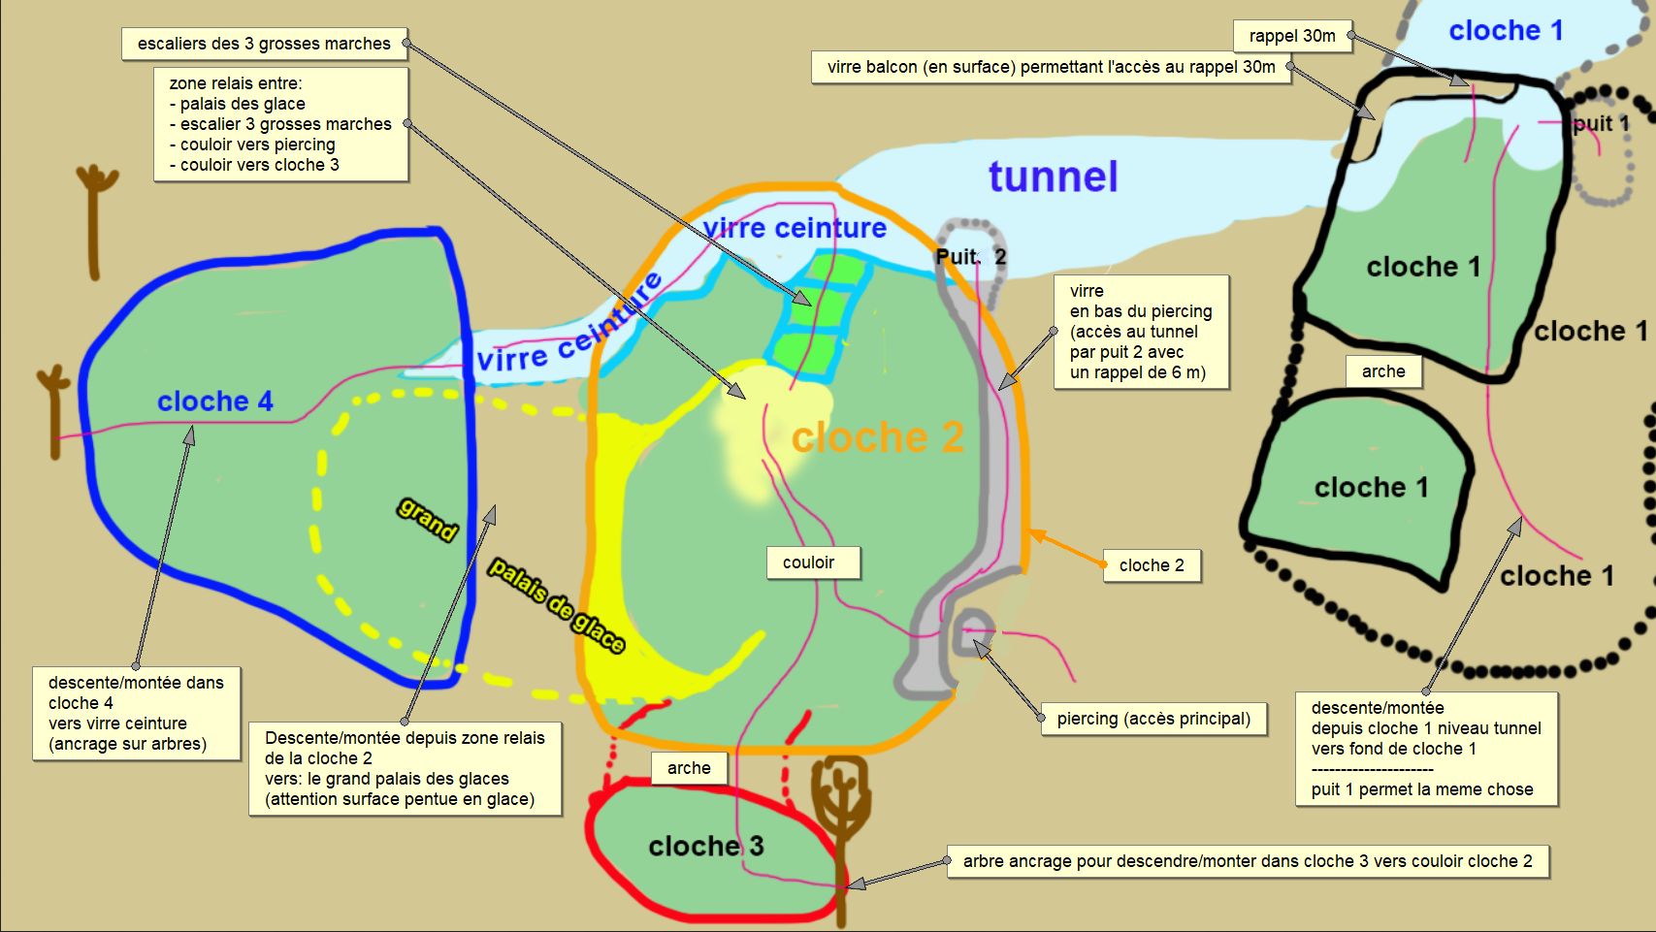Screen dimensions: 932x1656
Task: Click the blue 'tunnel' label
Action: [x=1054, y=177]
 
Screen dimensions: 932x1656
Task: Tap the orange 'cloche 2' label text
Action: [x=878, y=437]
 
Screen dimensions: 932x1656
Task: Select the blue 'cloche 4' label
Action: [x=215, y=401]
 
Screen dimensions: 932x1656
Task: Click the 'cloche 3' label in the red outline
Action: [x=706, y=846]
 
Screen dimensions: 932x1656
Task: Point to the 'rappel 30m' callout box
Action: [x=1292, y=36]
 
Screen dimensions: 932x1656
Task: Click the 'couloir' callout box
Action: [x=808, y=562]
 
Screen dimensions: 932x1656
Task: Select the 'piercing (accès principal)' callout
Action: [x=1153, y=719]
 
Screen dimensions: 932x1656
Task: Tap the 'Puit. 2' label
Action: [x=970, y=257]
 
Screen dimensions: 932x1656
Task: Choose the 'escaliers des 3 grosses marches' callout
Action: [x=264, y=44]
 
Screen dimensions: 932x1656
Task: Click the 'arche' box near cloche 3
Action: [x=689, y=768]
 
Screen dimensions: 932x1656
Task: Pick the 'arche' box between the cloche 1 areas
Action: [x=1383, y=371]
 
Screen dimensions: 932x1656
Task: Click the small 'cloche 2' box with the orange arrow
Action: [x=1152, y=565]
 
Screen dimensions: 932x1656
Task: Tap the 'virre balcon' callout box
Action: [x=1051, y=67]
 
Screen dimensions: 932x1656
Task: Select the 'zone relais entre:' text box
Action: [x=280, y=124]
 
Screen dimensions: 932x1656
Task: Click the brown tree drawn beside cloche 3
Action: [x=839, y=805]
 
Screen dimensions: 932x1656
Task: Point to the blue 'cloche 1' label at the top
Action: [x=1506, y=31]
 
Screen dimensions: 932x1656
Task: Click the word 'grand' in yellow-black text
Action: [x=427, y=519]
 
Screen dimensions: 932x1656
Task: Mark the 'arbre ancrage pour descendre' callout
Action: [x=1248, y=861]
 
